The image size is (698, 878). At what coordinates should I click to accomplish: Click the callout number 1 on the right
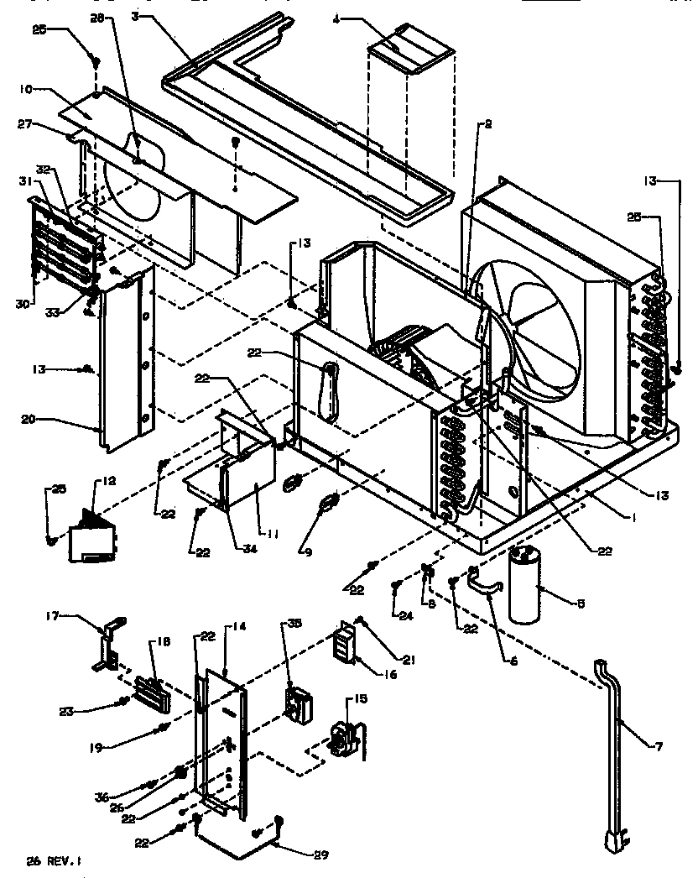pos(634,518)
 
